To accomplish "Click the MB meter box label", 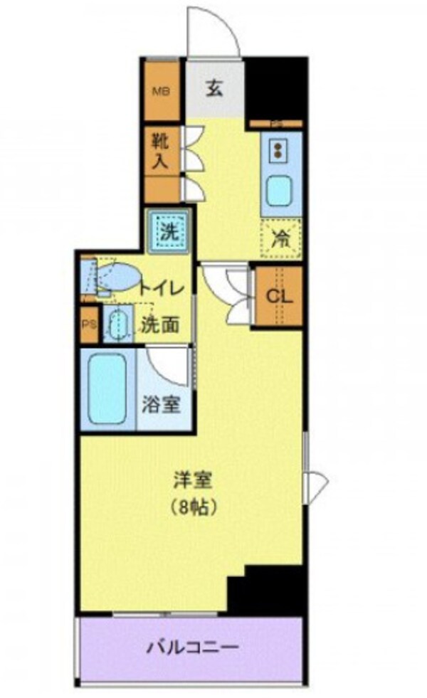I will pos(162,91).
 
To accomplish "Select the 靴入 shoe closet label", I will pos(162,150).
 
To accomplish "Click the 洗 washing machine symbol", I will pos(168,231).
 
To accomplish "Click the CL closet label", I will pos(278,295).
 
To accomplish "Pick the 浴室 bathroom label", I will pos(163,404).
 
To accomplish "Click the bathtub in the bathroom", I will pos(107,388).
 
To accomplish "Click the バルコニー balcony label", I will pos(192,647).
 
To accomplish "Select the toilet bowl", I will pos(117,277).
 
